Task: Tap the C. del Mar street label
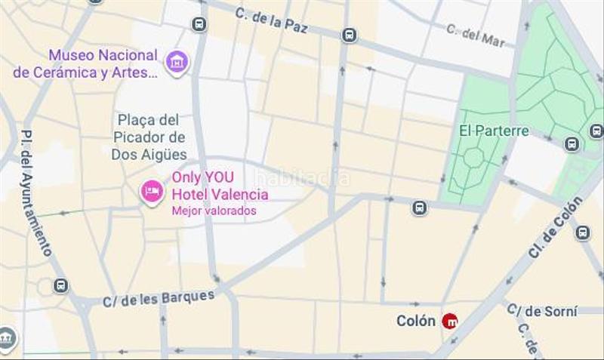(475, 35)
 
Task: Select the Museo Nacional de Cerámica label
(103, 63)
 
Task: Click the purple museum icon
(177, 63)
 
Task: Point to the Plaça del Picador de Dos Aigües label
(149, 137)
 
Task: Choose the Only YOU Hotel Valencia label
(220, 186)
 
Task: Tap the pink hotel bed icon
(152, 192)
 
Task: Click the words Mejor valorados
(214, 211)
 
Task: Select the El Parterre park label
(494, 131)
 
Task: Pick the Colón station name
(416, 321)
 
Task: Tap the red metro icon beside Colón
(450, 321)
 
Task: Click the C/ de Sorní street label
(541, 309)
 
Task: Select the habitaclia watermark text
(302, 178)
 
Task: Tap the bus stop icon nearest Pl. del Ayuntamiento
(60, 286)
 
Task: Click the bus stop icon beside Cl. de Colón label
(583, 232)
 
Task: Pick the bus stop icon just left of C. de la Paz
(199, 24)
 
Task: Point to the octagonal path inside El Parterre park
(474, 158)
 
